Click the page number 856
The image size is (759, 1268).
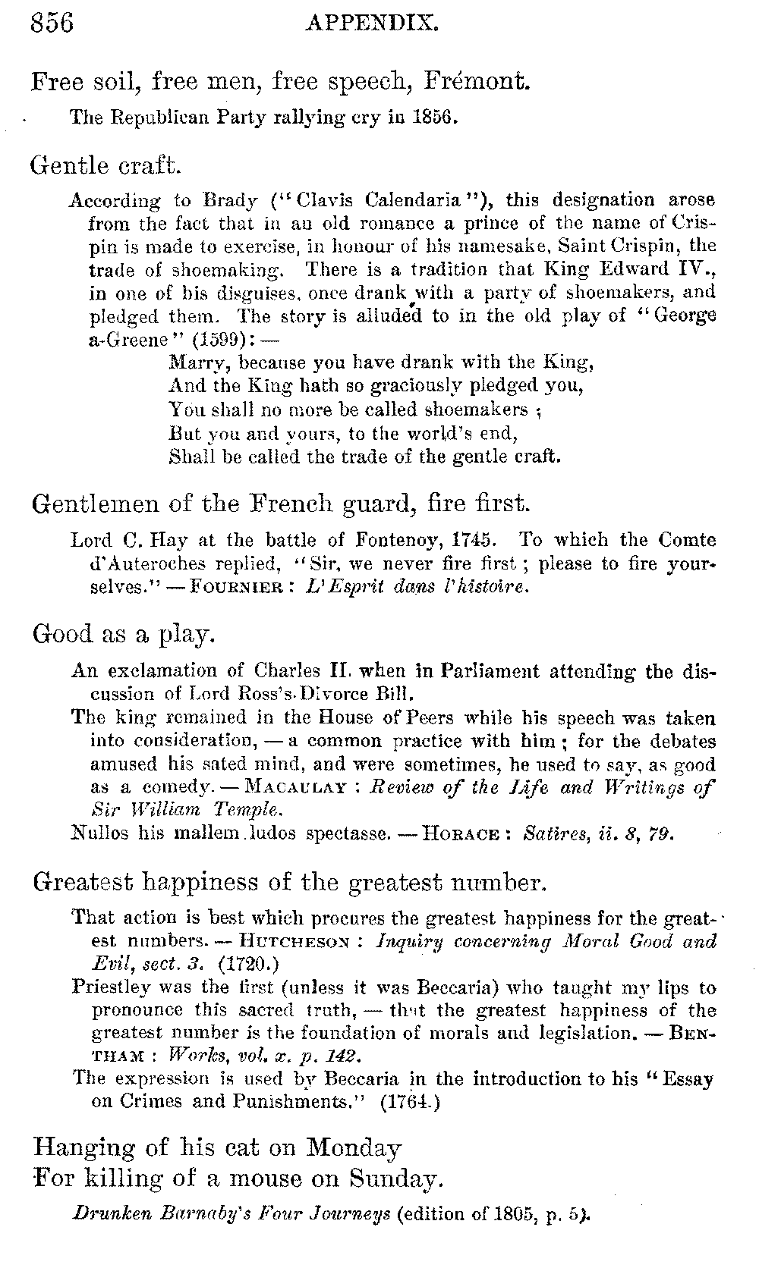coord(52,23)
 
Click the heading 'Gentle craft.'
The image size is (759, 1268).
coord(106,164)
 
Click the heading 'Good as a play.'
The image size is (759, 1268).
coord(124,633)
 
